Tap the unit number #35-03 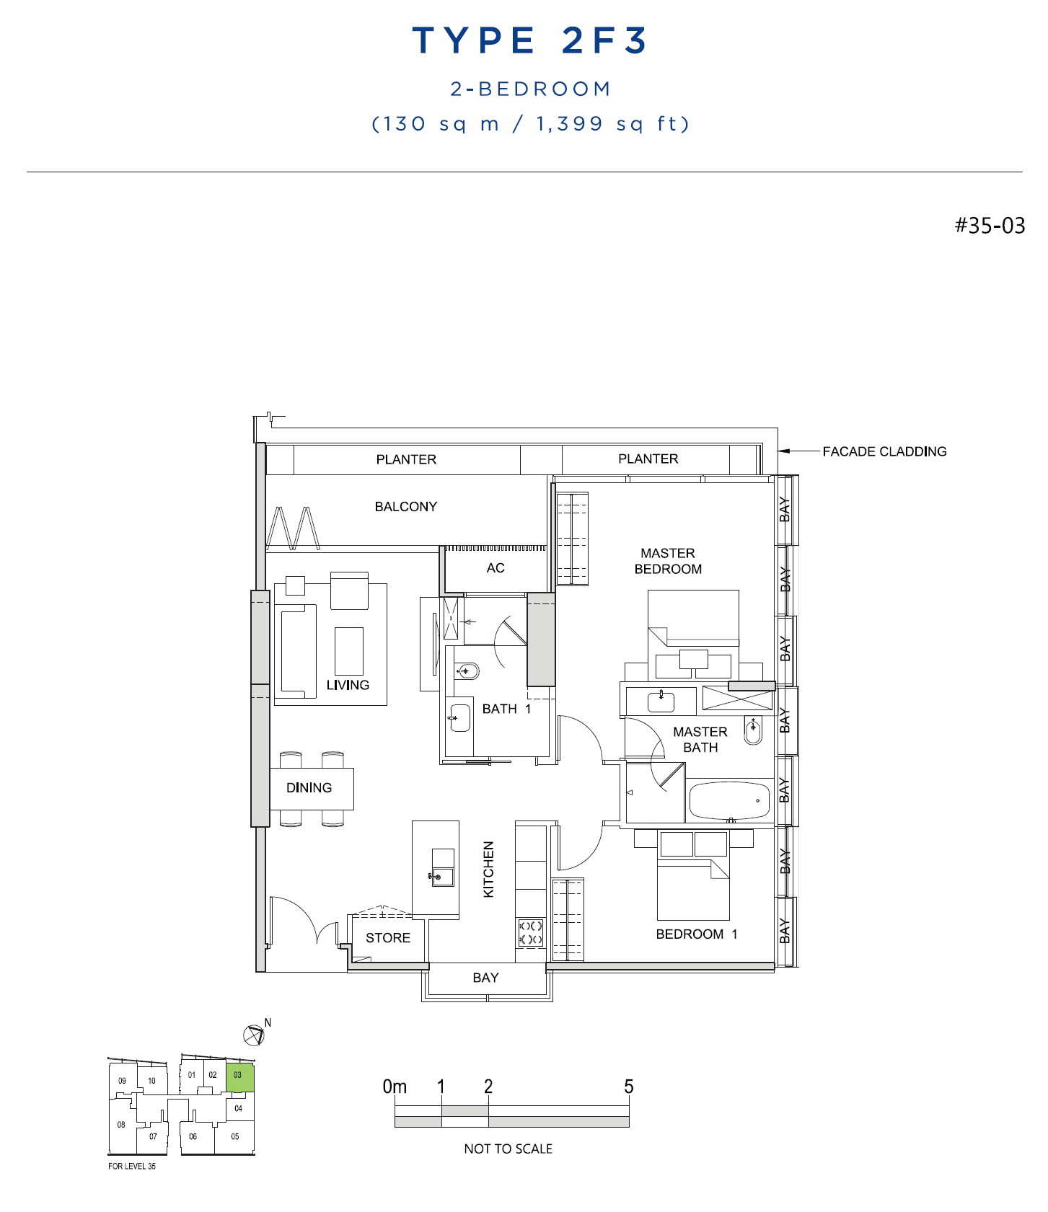tap(990, 226)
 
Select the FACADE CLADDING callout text tap(884, 451)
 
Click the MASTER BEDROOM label tap(668, 561)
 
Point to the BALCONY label tap(405, 507)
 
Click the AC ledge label tap(496, 568)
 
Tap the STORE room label tap(387, 938)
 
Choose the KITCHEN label tap(488, 869)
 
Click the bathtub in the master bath tap(729, 800)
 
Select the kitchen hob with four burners tap(531, 932)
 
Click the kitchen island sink tap(442, 868)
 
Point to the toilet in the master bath tap(752, 730)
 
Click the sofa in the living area tap(299, 651)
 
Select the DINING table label tap(309, 788)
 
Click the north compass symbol tap(254, 1035)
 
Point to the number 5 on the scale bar tap(629, 1087)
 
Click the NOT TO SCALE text tap(508, 1149)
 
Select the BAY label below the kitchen tap(485, 978)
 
